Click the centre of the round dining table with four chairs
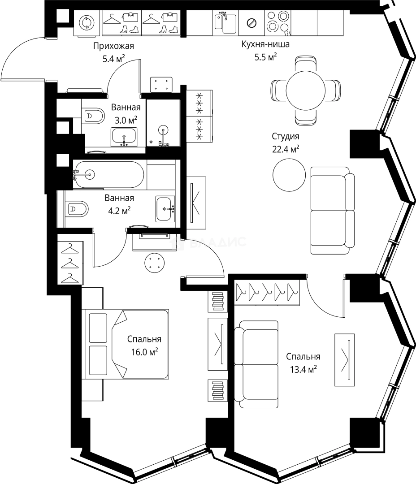click(x=306, y=91)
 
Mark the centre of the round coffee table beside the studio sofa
click(x=289, y=175)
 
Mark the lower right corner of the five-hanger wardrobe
click(x=300, y=305)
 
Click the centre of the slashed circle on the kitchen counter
click(x=251, y=22)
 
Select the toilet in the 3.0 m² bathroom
click(x=93, y=116)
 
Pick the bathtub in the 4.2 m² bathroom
click(x=108, y=174)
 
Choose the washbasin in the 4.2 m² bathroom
click(x=165, y=209)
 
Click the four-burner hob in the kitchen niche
click(x=278, y=22)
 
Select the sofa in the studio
click(x=332, y=211)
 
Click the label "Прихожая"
click(x=114, y=46)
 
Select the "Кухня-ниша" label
click(x=265, y=44)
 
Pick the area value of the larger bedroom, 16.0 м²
click(x=144, y=352)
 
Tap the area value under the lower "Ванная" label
click(x=117, y=211)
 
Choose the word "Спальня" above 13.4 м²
click(x=303, y=357)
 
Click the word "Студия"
click(x=286, y=136)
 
